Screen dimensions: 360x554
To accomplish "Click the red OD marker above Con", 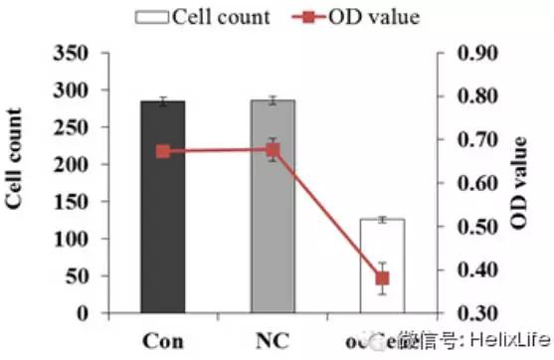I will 163,151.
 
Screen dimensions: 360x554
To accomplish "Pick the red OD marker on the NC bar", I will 273,150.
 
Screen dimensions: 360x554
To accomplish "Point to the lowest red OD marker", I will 382,278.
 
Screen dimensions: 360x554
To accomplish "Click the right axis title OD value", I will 519,185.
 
